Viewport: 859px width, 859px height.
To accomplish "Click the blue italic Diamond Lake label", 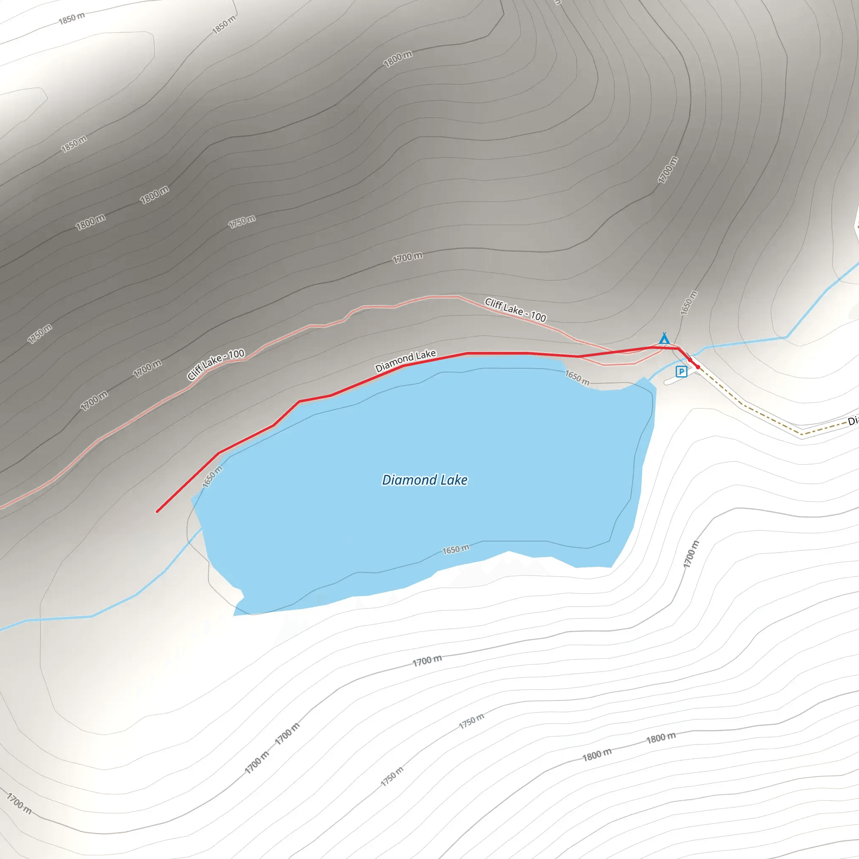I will point(424,480).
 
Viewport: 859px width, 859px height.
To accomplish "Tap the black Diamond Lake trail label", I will point(406,361).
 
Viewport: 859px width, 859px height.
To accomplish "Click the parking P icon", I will point(681,371).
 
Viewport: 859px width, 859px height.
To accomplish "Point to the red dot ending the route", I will point(698,367).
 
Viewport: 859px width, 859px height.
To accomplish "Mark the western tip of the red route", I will point(157,511).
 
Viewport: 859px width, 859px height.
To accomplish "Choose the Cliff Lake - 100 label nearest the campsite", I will point(515,310).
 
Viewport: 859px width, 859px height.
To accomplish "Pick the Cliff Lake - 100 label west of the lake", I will point(216,364).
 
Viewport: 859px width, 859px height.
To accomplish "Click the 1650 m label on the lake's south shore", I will point(455,549).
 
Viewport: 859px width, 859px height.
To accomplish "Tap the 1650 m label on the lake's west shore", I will point(212,477).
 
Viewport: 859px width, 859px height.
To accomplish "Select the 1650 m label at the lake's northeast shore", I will point(577,377).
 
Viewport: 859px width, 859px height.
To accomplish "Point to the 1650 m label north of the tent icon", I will point(689,303).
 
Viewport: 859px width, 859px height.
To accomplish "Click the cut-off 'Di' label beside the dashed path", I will point(852,421).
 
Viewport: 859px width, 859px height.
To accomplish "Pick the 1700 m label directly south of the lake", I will point(427,661).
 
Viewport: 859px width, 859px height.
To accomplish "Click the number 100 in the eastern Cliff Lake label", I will point(538,317).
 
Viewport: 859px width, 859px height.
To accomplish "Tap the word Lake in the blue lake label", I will point(454,480).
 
